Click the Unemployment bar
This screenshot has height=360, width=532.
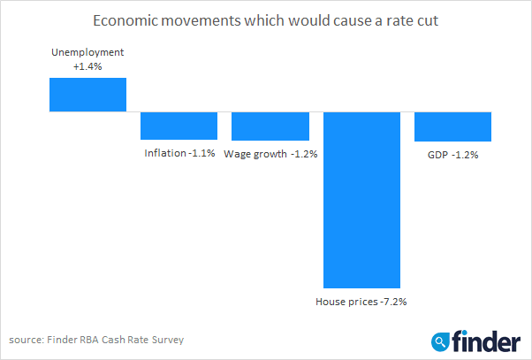click(87, 95)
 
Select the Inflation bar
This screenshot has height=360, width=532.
click(179, 126)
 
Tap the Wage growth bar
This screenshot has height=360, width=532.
click(270, 126)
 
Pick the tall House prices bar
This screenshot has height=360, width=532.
click(361, 199)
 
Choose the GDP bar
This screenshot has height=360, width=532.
click(452, 126)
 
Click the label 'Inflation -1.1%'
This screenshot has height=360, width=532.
click(179, 153)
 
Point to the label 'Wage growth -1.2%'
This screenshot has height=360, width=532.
click(270, 153)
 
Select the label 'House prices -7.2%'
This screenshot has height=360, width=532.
click(361, 301)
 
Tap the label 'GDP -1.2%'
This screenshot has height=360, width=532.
click(452, 153)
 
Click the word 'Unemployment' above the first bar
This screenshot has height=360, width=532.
click(87, 53)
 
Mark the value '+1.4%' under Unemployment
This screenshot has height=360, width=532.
click(87, 66)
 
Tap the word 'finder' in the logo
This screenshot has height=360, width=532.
click(487, 340)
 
